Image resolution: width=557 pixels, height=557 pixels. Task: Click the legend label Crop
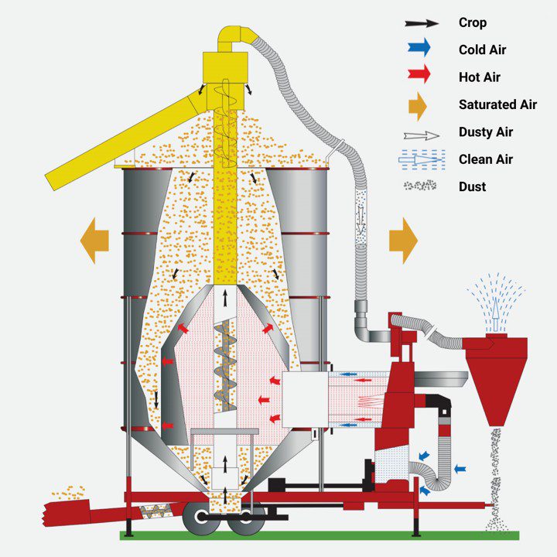[x=473, y=22]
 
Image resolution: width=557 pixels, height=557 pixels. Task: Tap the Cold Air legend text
[x=482, y=50]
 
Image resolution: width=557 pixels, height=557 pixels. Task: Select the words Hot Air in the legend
[x=479, y=77]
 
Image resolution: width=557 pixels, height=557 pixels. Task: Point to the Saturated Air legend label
[x=497, y=104]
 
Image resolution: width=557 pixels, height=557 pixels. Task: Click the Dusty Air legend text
[x=486, y=132]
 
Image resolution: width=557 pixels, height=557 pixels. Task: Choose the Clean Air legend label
[x=486, y=159]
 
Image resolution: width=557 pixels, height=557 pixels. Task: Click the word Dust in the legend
[x=472, y=186]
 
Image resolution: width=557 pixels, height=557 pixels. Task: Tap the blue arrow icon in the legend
[x=419, y=48]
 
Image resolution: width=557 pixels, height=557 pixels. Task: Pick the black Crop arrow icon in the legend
[x=422, y=23]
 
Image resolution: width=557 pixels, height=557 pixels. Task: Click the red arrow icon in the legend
[x=419, y=74]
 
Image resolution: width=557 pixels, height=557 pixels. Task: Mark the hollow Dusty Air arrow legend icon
[x=422, y=135]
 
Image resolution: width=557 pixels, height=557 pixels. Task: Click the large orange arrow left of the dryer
[x=94, y=241]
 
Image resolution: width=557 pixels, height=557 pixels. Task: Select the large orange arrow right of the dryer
[x=404, y=241]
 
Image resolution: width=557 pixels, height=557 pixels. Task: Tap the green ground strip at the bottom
[x=320, y=535]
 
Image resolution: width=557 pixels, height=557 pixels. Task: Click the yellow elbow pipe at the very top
[x=235, y=38]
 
